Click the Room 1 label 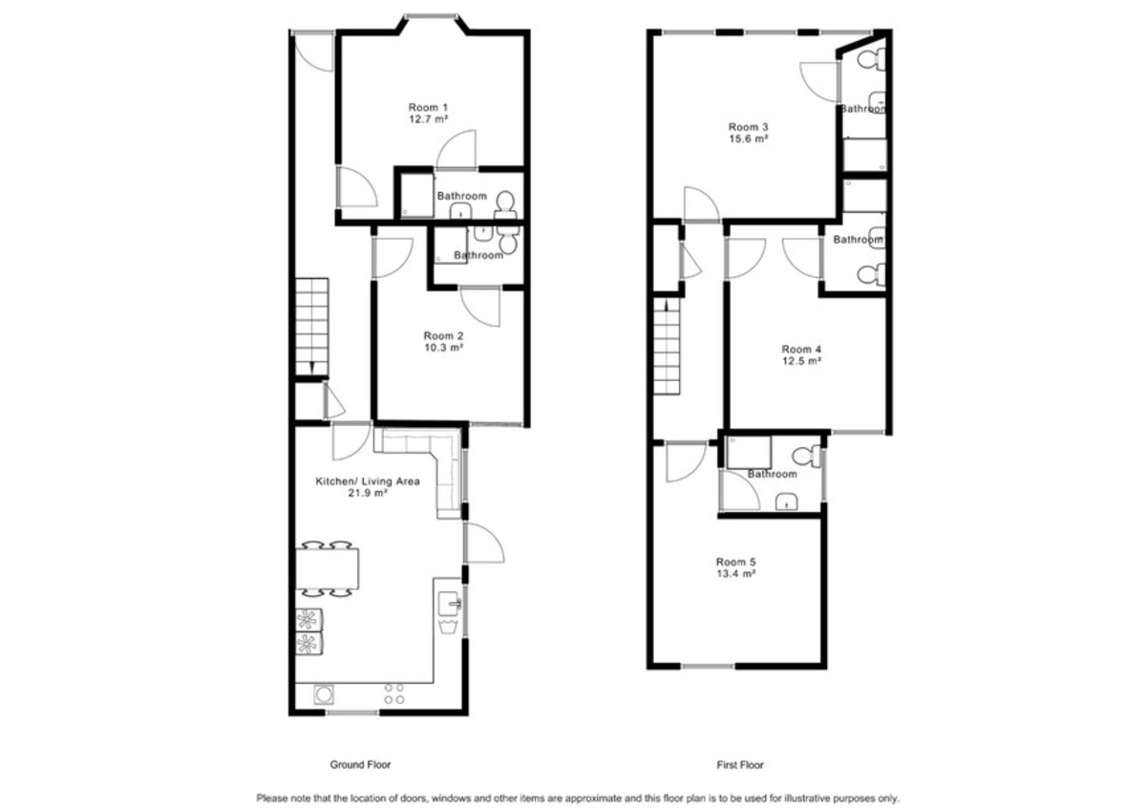click(428, 107)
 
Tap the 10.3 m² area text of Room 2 click(444, 349)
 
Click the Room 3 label click(749, 127)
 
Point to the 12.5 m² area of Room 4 click(801, 361)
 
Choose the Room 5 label click(735, 562)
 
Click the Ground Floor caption click(360, 765)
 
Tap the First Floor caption click(740, 765)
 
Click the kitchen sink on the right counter click(450, 602)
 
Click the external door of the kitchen click(483, 544)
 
